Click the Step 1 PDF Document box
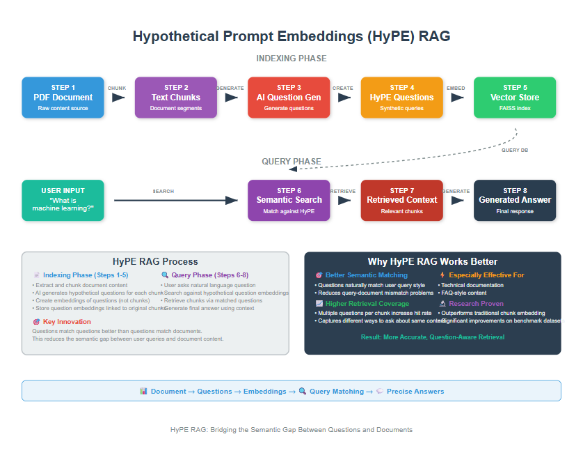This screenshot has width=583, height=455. point(63,98)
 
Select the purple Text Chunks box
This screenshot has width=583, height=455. point(176,98)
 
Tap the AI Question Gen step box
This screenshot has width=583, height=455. point(289,98)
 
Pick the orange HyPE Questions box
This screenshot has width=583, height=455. point(401,98)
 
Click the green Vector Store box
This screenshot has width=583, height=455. point(515,98)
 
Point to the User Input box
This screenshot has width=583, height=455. point(63,200)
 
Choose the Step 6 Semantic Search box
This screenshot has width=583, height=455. point(289,200)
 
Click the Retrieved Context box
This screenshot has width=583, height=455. point(401,200)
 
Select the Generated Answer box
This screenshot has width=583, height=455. point(515,200)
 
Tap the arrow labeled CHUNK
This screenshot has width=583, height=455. point(118,98)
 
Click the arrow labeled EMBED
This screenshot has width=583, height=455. point(457,98)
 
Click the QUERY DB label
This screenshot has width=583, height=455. point(516,150)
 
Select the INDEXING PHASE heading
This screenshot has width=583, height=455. point(291,59)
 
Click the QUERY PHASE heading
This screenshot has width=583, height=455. point(291,162)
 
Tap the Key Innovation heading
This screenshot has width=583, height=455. point(67,322)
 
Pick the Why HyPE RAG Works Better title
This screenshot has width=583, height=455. point(432,262)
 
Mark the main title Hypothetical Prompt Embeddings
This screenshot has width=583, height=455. point(291,36)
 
